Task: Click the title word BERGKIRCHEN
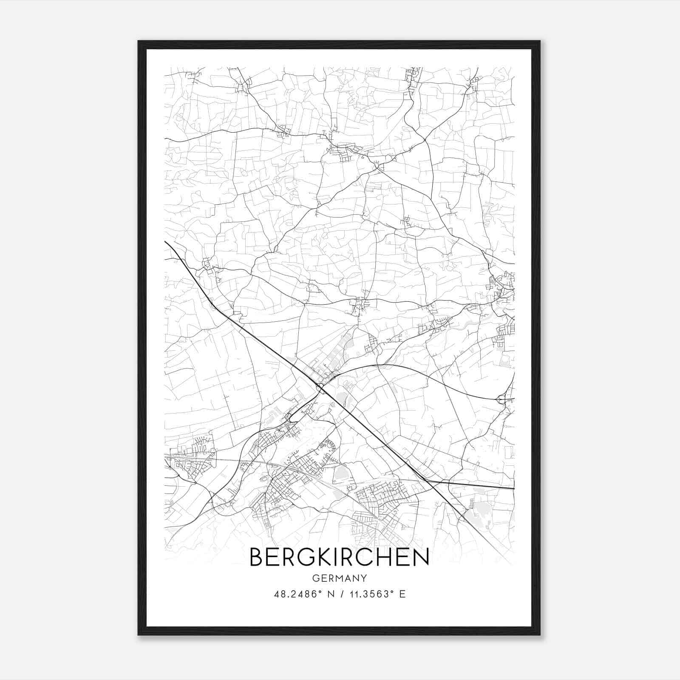(339, 557)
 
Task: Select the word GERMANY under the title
(339, 578)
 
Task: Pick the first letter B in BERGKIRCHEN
(256, 557)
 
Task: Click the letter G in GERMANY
(315, 578)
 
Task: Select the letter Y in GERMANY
(363, 578)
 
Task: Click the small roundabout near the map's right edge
(501, 399)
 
